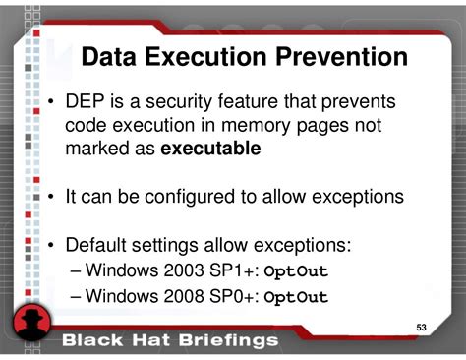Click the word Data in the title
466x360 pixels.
click(109, 57)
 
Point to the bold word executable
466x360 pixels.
click(210, 150)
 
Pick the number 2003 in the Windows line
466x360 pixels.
click(191, 270)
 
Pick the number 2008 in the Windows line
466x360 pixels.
click(191, 295)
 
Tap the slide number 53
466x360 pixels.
click(421, 327)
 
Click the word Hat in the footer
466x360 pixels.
click(145, 340)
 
